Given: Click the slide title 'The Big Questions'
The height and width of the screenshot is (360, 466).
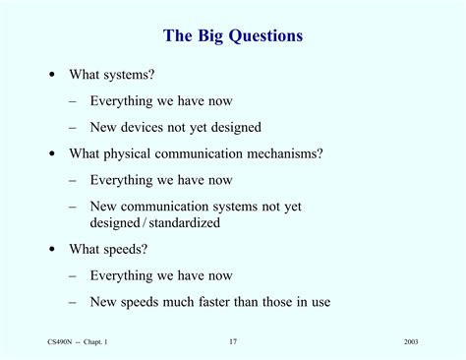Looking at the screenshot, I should [233, 37].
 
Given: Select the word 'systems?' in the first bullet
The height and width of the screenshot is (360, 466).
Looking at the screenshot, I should [127, 75].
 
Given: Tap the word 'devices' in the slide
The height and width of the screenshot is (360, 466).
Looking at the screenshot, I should [150, 127].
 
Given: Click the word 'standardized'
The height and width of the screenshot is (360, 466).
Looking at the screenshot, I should [186, 223].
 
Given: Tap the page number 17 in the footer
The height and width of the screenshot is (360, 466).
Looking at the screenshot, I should [233, 341].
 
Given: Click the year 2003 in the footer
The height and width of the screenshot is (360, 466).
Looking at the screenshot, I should [412, 341].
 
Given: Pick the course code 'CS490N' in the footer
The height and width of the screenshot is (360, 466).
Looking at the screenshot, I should [62, 341].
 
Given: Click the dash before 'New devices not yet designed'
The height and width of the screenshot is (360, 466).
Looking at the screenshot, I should [75, 127].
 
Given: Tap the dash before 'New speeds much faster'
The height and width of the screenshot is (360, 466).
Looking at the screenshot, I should [75, 302].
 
